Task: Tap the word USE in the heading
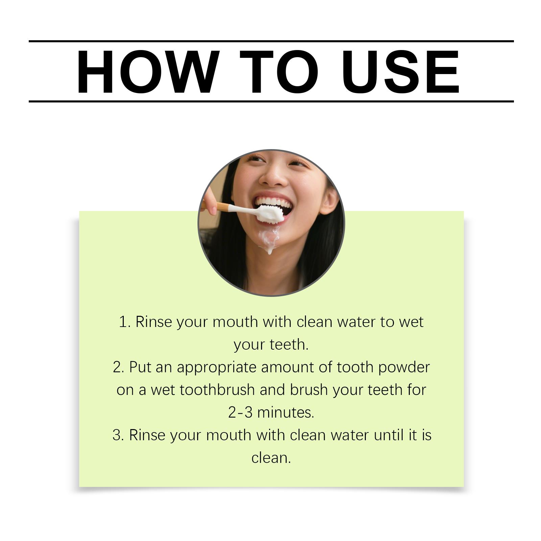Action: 401,72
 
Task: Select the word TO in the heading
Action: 279,72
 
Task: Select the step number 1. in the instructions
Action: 125,322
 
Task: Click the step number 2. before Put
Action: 119,367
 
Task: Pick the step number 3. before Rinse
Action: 118,435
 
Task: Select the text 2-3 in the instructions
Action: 240,413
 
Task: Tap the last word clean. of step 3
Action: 271,458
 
